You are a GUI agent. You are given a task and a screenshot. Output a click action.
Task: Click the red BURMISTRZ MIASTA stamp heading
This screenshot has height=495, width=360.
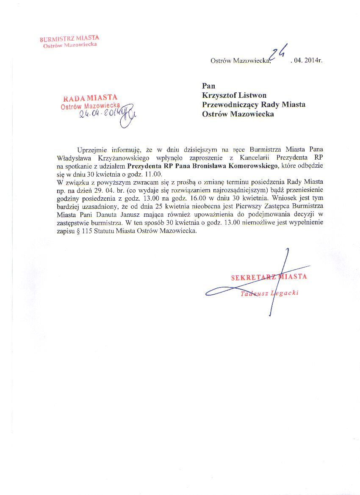tap(69, 39)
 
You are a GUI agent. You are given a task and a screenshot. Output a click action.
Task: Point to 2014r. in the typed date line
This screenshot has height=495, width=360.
tap(313, 61)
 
